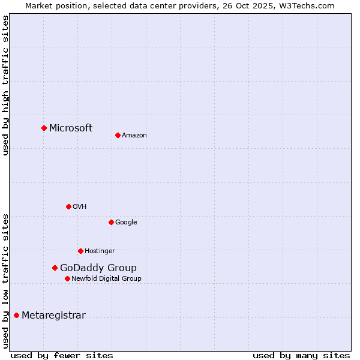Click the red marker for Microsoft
pyautogui.click(x=44, y=128)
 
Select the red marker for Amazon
pyautogui.click(x=118, y=135)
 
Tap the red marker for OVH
pyautogui.click(x=68, y=206)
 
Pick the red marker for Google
pyautogui.click(x=111, y=222)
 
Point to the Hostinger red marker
pyautogui.click(x=80, y=251)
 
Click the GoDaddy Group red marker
pyautogui.click(x=55, y=268)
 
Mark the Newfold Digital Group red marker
pyautogui.click(x=67, y=278)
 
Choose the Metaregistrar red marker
pyautogui.click(x=16, y=315)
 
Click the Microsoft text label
pyautogui.click(x=71, y=128)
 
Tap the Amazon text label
pyautogui.click(x=134, y=136)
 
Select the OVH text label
pyautogui.click(x=80, y=207)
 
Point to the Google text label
pyautogui.click(x=126, y=223)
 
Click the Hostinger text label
pyautogui.click(x=100, y=251)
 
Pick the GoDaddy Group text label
pyautogui.click(x=98, y=268)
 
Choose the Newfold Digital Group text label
pyautogui.click(x=106, y=279)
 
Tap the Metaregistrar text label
pyautogui.click(x=53, y=316)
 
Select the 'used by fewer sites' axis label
pyautogui.click(x=62, y=355)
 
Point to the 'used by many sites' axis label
pyautogui.click(x=301, y=355)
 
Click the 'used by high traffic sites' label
pyautogui.click(x=6, y=85)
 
